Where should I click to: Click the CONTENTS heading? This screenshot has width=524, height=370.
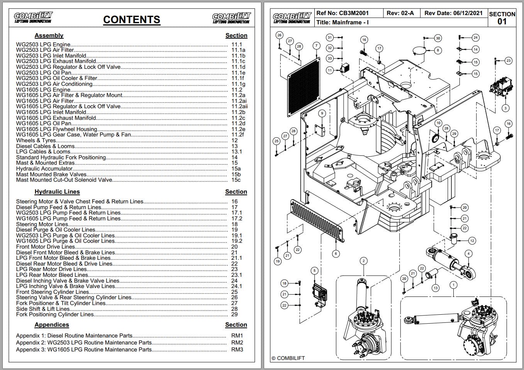[132, 20]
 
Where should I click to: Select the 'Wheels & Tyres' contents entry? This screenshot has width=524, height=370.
[36, 140]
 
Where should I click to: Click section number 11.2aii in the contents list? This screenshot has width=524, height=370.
[239, 106]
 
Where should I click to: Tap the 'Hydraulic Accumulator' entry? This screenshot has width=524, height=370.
[44, 169]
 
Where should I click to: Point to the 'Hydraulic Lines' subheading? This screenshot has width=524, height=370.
[57, 192]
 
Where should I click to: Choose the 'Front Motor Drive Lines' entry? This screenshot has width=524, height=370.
[46, 247]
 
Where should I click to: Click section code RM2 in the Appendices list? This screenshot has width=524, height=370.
[237, 343]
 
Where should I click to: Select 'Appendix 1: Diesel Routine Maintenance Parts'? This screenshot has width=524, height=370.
[74, 336]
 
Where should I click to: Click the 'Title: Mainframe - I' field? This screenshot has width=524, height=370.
[342, 22]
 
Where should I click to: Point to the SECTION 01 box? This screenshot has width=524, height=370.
[502, 18]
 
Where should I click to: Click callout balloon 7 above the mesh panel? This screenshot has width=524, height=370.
[316, 46]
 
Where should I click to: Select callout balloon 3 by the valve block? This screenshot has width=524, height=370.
[505, 108]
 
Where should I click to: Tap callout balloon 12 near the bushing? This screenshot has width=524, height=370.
[472, 240]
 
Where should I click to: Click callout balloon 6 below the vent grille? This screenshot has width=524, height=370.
[336, 254]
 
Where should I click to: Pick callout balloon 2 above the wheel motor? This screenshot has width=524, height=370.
[363, 261]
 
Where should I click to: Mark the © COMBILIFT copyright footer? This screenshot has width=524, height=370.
[288, 358]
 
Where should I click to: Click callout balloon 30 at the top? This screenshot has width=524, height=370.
[438, 38]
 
